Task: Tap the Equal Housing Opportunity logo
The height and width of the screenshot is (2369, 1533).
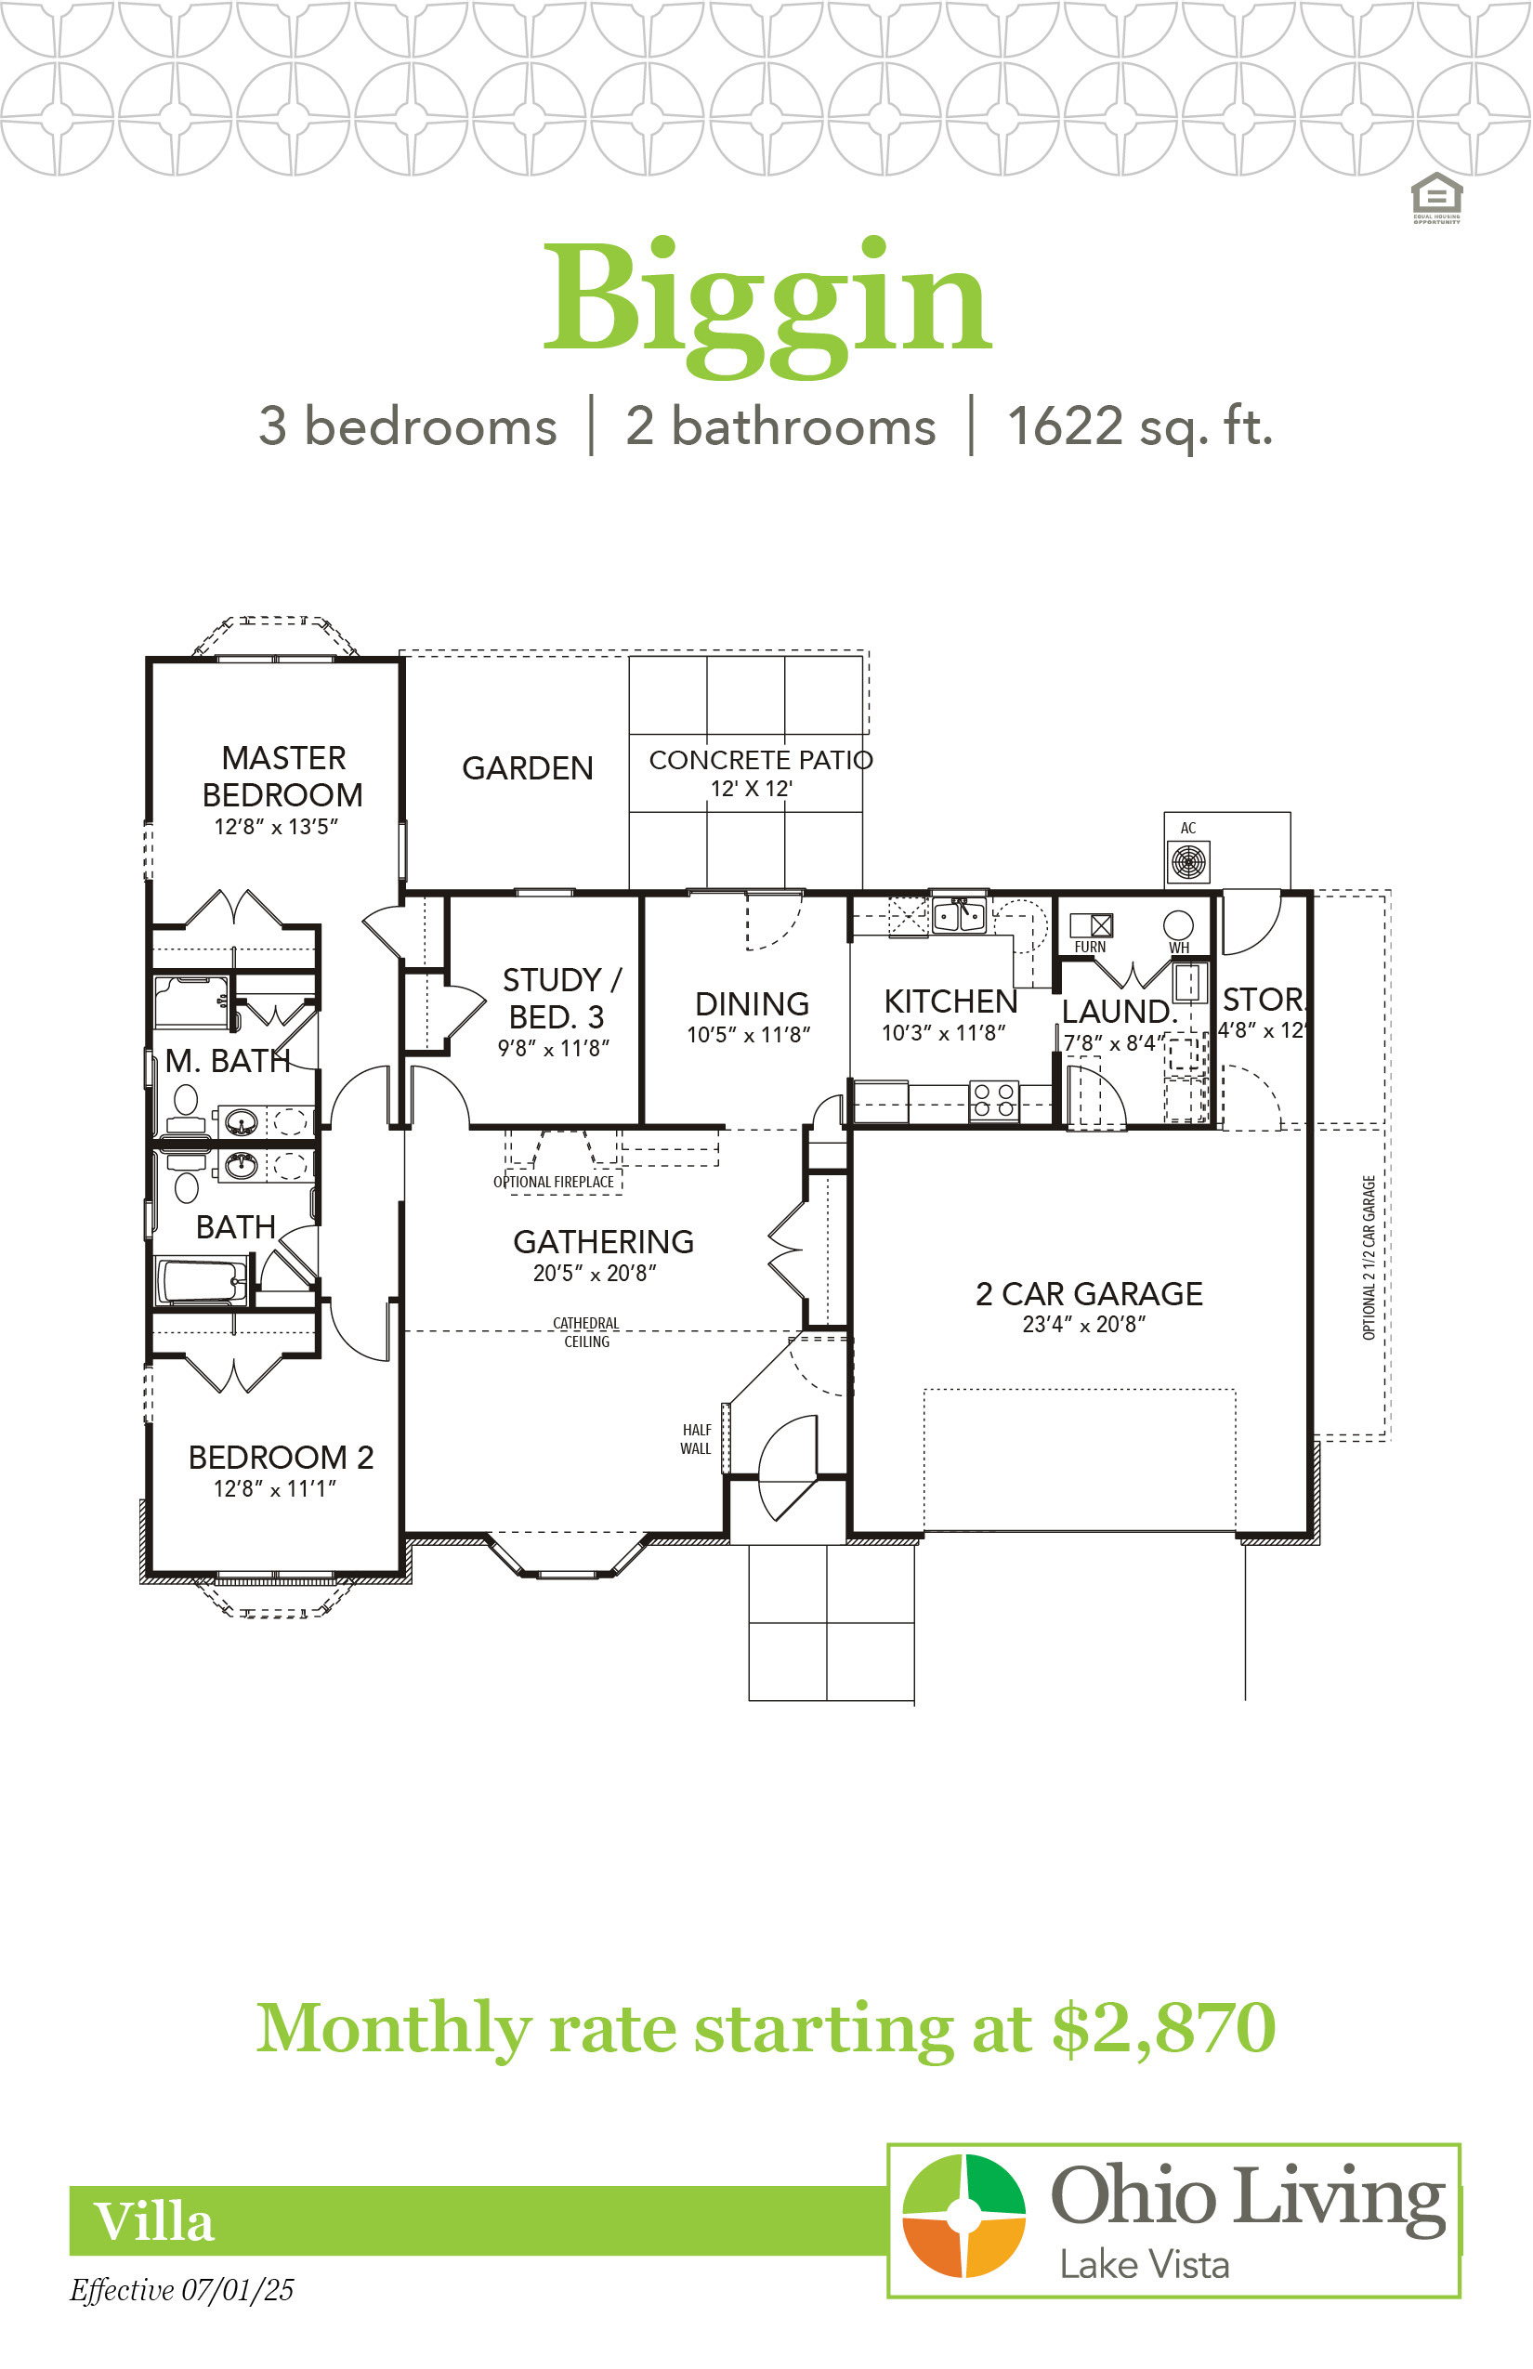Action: tap(1436, 197)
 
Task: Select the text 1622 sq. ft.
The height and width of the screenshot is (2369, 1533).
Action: tap(1141, 427)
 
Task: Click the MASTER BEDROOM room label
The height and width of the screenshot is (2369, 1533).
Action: tap(282, 777)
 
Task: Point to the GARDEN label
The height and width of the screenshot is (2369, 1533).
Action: tap(528, 768)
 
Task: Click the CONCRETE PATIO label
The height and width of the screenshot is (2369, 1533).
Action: tap(762, 761)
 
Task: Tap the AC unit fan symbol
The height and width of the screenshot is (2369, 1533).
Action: tap(1188, 862)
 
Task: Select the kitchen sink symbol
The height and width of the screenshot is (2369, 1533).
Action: tap(959, 914)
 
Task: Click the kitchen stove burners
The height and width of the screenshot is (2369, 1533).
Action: tap(994, 1101)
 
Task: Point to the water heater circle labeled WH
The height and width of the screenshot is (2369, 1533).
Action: tap(1179, 924)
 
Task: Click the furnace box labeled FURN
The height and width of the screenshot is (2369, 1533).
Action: tap(1092, 925)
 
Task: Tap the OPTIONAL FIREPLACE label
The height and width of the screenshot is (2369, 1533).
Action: tap(554, 1183)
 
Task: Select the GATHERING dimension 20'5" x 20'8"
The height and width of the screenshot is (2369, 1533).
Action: tap(595, 1273)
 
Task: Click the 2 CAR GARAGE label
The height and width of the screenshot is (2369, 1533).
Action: tap(1089, 1294)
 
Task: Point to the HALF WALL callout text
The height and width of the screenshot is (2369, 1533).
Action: tap(696, 1439)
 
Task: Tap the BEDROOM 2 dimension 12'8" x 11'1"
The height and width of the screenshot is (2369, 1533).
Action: tap(275, 1489)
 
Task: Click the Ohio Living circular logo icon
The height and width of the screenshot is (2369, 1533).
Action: tap(963, 2215)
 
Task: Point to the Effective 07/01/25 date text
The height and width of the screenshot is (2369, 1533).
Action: tap(181, 2290)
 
